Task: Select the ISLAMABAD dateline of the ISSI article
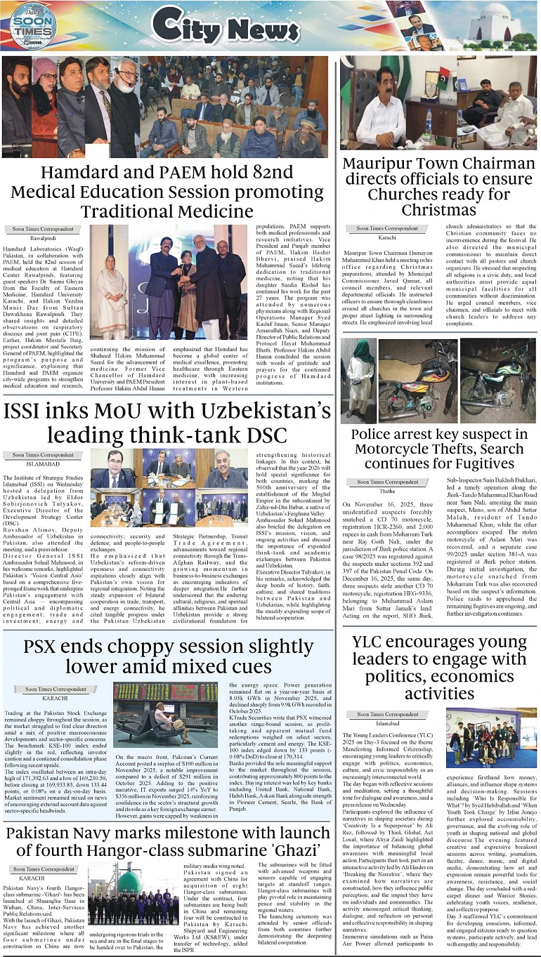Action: [44, 463]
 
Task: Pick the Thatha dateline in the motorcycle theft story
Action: [386, 491]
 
